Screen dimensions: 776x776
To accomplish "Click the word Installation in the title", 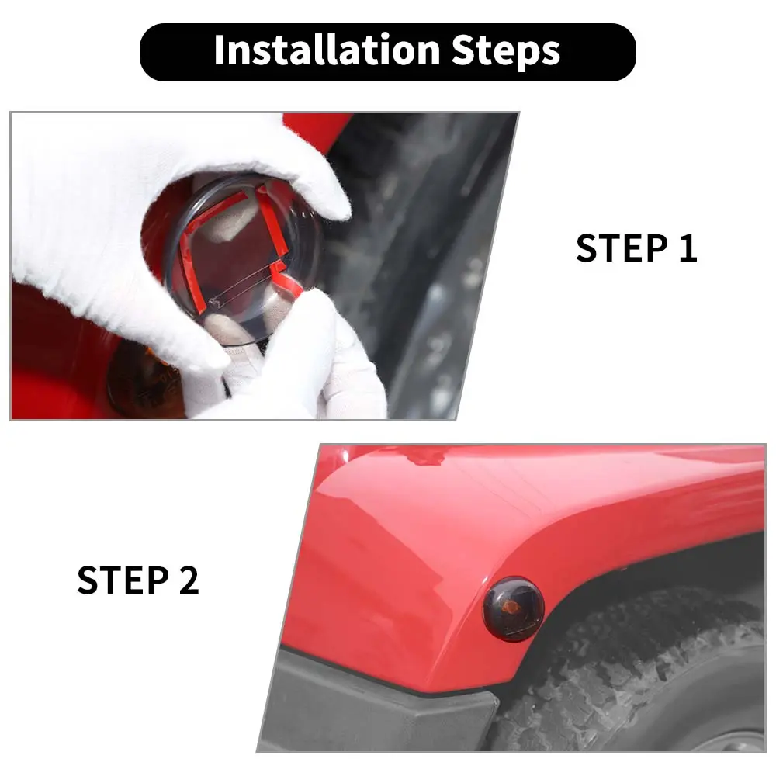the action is point(327,50).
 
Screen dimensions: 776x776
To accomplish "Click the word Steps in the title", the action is point(506,52).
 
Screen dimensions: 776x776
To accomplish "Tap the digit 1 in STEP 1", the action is point(688,248).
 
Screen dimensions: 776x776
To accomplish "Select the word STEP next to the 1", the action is point(622,248).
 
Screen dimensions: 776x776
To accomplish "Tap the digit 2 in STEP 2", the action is point(189,580).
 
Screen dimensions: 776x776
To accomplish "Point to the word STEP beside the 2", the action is point(123,580).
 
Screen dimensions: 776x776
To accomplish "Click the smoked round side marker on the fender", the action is point(513,608).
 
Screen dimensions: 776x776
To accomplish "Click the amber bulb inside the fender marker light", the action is point(511,604).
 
